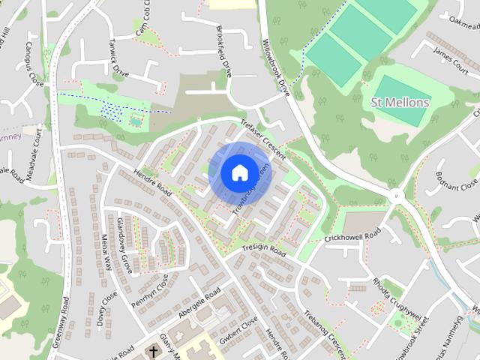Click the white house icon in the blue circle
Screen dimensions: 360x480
point(238,172)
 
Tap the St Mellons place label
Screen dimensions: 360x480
point(400,102)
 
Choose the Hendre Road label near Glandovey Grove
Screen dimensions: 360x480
point(153,183)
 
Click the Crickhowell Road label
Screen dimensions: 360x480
point(352,235)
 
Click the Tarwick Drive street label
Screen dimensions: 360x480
point(118,58)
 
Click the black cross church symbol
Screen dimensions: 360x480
point(154,351)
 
